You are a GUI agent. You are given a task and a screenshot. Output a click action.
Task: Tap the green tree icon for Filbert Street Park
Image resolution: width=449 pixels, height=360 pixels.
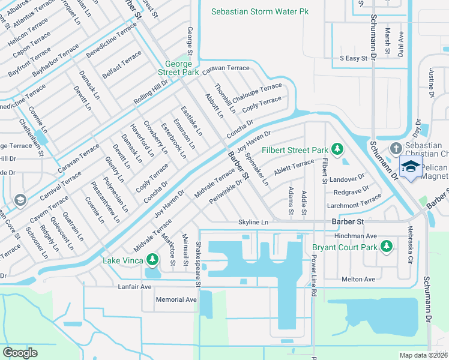[337, 149]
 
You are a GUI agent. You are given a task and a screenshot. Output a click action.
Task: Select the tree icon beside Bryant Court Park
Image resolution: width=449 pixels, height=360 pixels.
[387, 246]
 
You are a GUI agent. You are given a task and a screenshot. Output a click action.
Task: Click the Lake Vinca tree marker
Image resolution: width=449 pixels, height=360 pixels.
[152, 259]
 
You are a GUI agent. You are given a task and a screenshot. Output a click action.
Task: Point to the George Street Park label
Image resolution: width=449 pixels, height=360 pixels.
[178, 68]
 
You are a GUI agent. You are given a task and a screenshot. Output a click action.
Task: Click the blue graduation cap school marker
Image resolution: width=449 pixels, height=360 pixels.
[411, 167]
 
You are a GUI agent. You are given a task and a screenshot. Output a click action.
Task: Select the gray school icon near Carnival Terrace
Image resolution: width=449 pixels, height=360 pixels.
[20, 200]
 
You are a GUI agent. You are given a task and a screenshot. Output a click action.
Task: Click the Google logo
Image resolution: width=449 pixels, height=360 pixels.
[20, 352]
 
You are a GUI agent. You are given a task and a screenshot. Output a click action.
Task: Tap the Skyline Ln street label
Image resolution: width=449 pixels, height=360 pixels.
[253, 222]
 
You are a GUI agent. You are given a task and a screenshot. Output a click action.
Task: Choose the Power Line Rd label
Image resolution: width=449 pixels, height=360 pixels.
[313, 274]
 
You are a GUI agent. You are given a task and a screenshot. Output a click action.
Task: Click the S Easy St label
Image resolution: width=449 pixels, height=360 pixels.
[354, 58]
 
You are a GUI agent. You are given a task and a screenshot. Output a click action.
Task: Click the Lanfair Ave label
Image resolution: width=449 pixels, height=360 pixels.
[134, 287]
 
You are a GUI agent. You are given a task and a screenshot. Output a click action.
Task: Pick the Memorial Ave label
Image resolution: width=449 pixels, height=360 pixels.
[176, 299]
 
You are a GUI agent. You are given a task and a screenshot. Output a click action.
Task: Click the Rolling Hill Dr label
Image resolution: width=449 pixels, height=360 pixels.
[151, 93]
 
